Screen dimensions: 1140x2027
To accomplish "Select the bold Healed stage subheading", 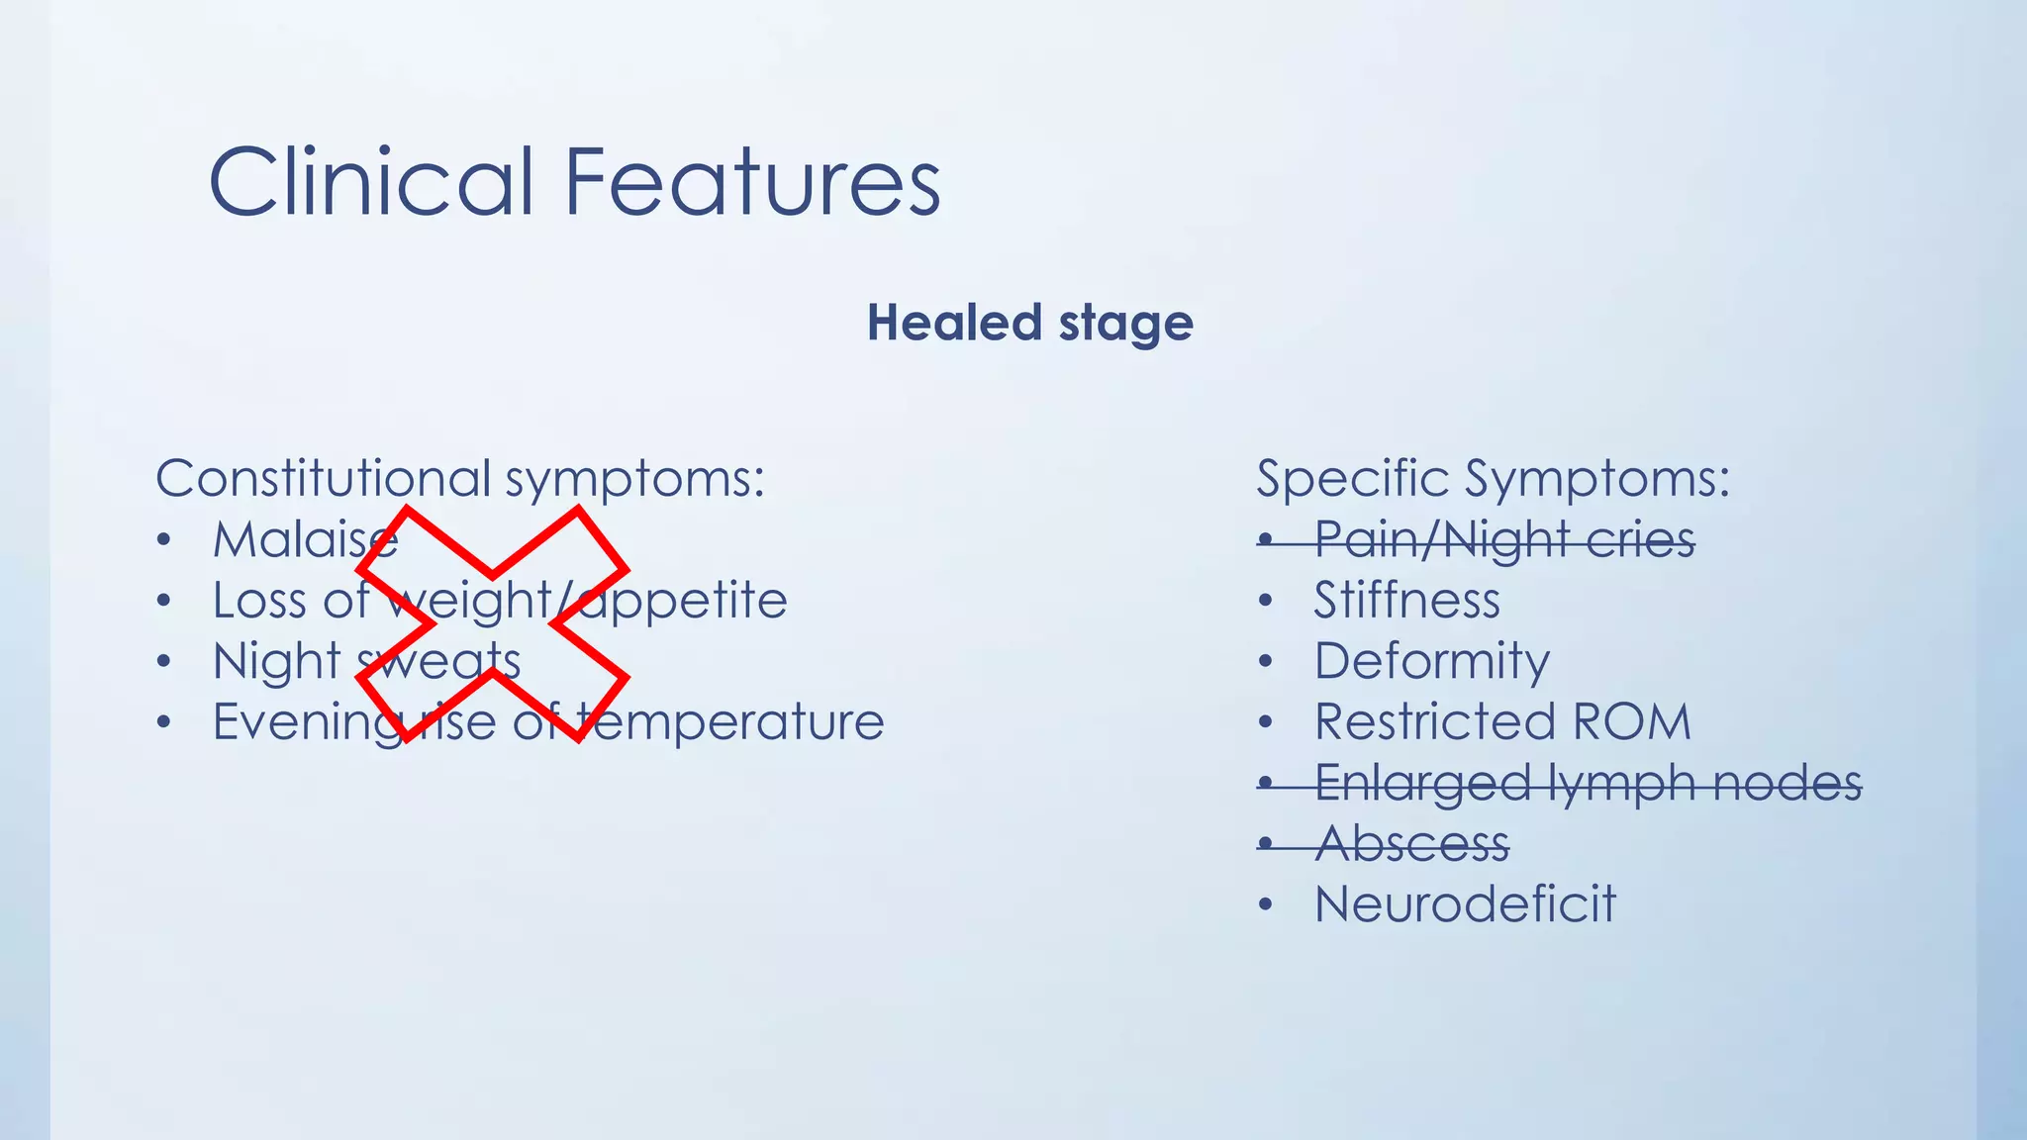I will pos(1030,323).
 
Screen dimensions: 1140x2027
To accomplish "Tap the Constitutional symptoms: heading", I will pos(460,479).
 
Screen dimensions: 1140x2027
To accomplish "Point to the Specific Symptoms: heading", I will pos(1493,479).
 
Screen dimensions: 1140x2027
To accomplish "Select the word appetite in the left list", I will pos(683,602).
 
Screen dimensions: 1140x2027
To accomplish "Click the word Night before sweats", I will pos(276,662).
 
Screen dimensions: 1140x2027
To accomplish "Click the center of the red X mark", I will pos(492,624).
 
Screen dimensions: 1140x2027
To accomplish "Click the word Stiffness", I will pos(1406,602).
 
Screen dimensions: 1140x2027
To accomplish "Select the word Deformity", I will pos(1431,662).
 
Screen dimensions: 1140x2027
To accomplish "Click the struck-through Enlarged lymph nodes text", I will pos(1588,784).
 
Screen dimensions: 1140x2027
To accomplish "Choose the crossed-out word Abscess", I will pos(1412,844).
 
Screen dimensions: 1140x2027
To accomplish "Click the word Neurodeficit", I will pos(1465,904).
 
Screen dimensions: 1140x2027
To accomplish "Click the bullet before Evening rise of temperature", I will pos(164,722).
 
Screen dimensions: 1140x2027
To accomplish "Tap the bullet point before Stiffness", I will pos(1265,602).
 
